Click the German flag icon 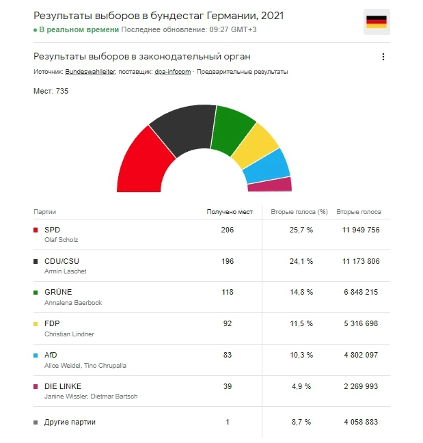pos(377,22)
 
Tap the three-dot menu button pos(383,57)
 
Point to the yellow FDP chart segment pos(256,146)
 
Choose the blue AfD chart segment pos(267,166)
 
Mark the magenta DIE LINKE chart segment pos(270,185)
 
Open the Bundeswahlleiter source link pos(90,72)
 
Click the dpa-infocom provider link pos(172,72)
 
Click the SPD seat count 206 pos(227,230)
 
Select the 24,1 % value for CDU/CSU pos(301,261)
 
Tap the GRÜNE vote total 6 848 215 pos(361,292)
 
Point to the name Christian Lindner pos(69,334)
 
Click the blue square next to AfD pos(36,355)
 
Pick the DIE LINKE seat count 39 pos(227,386)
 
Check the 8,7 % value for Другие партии pos(301,422)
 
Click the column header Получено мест pos(230,212)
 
